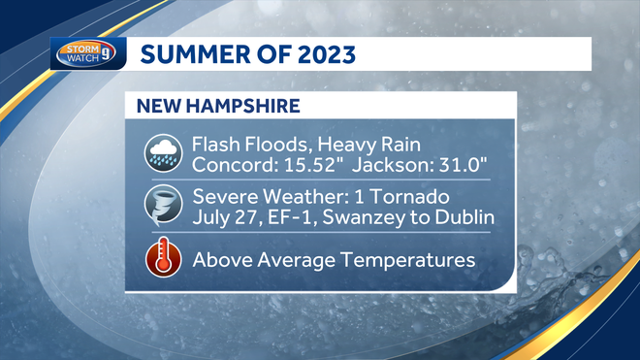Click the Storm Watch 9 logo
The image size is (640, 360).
coord(87,53)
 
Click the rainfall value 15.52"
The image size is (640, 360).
coord(295,164)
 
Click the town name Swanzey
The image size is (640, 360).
coord(367,216)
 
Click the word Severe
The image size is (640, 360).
coord(222,196)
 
